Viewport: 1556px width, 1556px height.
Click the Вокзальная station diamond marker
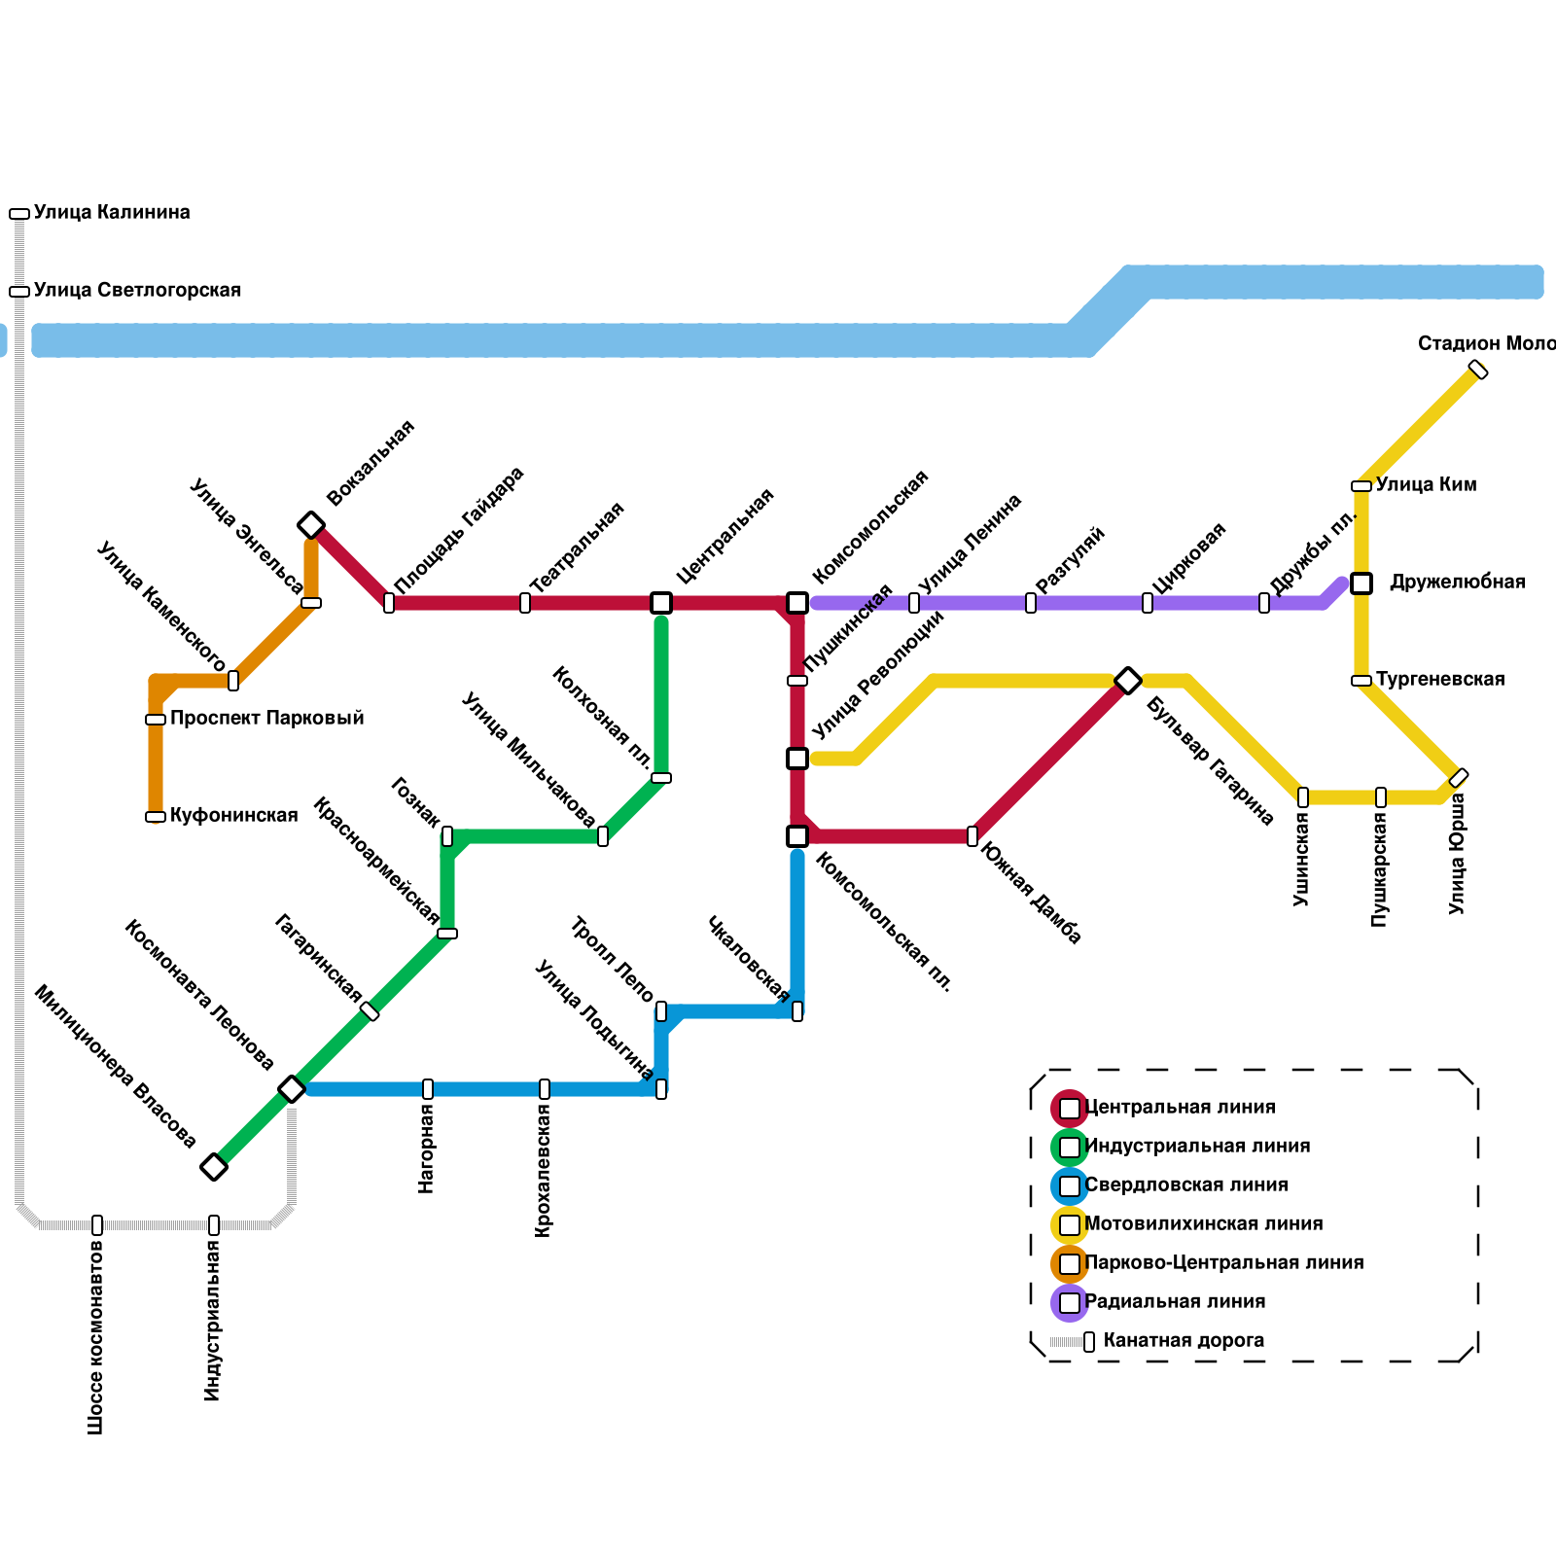pyautogui.click(x=311, y=525)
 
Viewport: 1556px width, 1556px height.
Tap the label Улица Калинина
pyautogui.click(x=112, y=212)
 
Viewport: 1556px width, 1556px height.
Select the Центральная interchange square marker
pyautogui.click(x=661, y=603)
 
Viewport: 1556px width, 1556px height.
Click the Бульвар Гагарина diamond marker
pyautogui.click(x=1128, y=681)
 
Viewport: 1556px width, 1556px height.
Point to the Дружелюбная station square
pyautogui.click(x=1361, y=583)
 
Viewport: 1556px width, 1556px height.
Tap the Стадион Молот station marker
pyautogui.click(x=1478, y=370)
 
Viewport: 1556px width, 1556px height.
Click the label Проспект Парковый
pyautogui.click(x=266, y=718)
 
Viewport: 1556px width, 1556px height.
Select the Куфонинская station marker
pyautogui.click(x=156, y=817)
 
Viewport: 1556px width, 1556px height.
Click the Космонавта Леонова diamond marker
pyautogui.click(x=292, y=1089)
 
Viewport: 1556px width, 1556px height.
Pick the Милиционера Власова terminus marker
pyautogui.click(x=214, y=1167)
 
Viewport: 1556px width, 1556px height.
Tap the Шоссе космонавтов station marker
pyautogui.click(x=97, y=1225)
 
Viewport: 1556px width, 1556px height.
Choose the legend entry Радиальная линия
pyautogui.click(x=1175, y=1301)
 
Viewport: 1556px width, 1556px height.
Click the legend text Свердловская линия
pyautogui.click(x=1185, y=1185)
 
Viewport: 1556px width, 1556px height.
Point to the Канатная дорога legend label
pyautogui.click(x=1184, y=1340)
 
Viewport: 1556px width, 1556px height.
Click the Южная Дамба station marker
pyautogui.click(x=972, y=836)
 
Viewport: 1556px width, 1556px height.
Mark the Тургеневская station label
pyautogui.click(x=1440, y=679)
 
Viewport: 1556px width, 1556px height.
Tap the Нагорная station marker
pyautogui.click(x=428, y=1089)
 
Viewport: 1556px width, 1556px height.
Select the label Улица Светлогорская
pyautogui.click(x=137, y=290)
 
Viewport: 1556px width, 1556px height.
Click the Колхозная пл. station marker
pyautogui.click(x=661, y=778)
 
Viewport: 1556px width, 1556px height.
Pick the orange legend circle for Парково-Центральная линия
pyautogui.click(x=1070, y=1264)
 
